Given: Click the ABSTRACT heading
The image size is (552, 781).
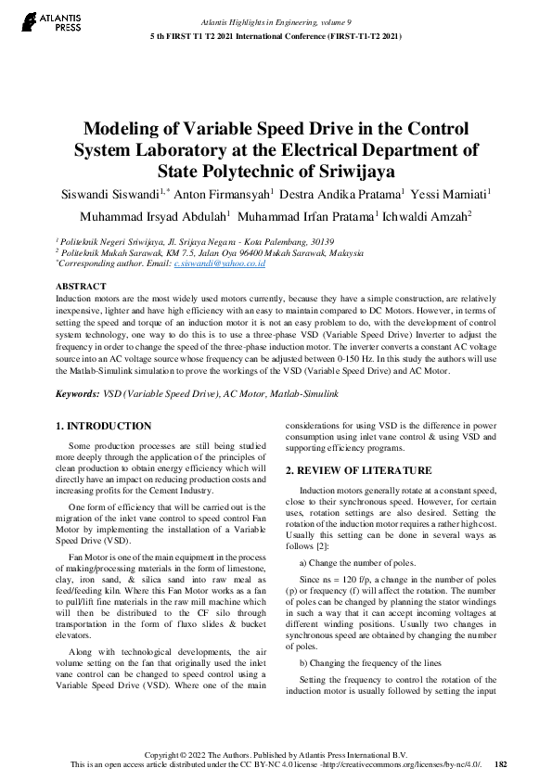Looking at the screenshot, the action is (81, 288).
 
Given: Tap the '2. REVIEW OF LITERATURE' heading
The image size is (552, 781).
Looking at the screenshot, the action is (358, 470).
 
